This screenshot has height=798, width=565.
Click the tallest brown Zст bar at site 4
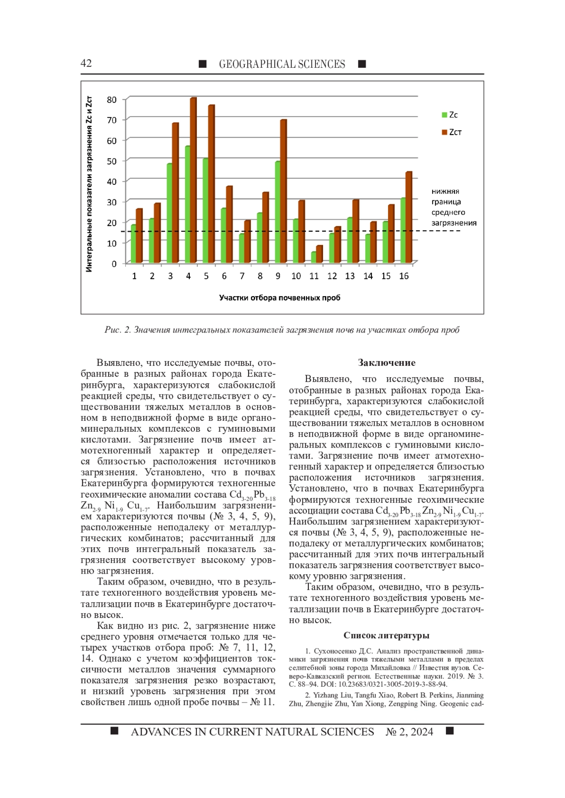click(x=193, y=181)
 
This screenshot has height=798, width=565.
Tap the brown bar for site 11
click(x=319, y=254)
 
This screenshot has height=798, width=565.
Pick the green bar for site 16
click(x=403, y=230)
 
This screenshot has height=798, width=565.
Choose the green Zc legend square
click(x=444, y=115)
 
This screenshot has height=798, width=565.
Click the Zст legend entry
click(x=452, y=132)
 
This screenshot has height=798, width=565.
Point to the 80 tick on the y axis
click(x=112, y=100)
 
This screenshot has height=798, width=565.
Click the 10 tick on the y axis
click(x=112, y=243)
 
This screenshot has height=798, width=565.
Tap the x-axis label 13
click(x=350, y=276)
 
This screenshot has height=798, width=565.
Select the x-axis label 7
click(x=242, y=276)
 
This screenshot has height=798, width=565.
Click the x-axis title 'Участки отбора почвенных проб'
click(x=279, y=298)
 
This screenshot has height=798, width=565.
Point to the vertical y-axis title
click(x=89, y=184)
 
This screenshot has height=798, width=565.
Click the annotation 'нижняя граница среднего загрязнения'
click(x=453, y=207)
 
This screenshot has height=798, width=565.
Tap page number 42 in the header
click(x=86, y=63)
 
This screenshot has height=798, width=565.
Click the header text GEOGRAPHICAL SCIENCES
click(x=282, y=64)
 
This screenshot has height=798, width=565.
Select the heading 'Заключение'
click(x=387, y=363)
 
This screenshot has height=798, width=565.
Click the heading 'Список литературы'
click(x=386, y=635)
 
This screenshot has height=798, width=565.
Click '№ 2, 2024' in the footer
click(x=409, y=732)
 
